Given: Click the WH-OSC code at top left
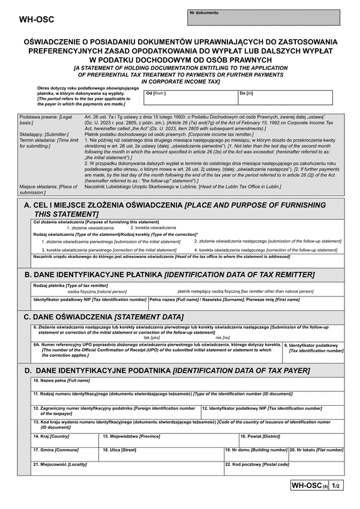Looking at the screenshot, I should (x=37, y=19).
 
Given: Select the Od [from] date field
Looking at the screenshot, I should (x=188, y=97).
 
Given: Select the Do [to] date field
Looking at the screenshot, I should (x=284, y=97).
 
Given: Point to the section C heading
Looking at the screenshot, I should (x=104, y=316).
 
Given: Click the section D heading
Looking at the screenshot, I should (x=167, y=371).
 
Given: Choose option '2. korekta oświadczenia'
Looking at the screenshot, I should (x=153, y=228).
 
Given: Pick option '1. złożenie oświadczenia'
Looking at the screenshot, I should (x=89, y=228).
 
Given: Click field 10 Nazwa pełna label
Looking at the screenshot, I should (x=61, y=381).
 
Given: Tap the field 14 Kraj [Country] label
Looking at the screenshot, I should (x=51, y=436).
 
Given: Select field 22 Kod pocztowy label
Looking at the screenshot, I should (x=257, y=464).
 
